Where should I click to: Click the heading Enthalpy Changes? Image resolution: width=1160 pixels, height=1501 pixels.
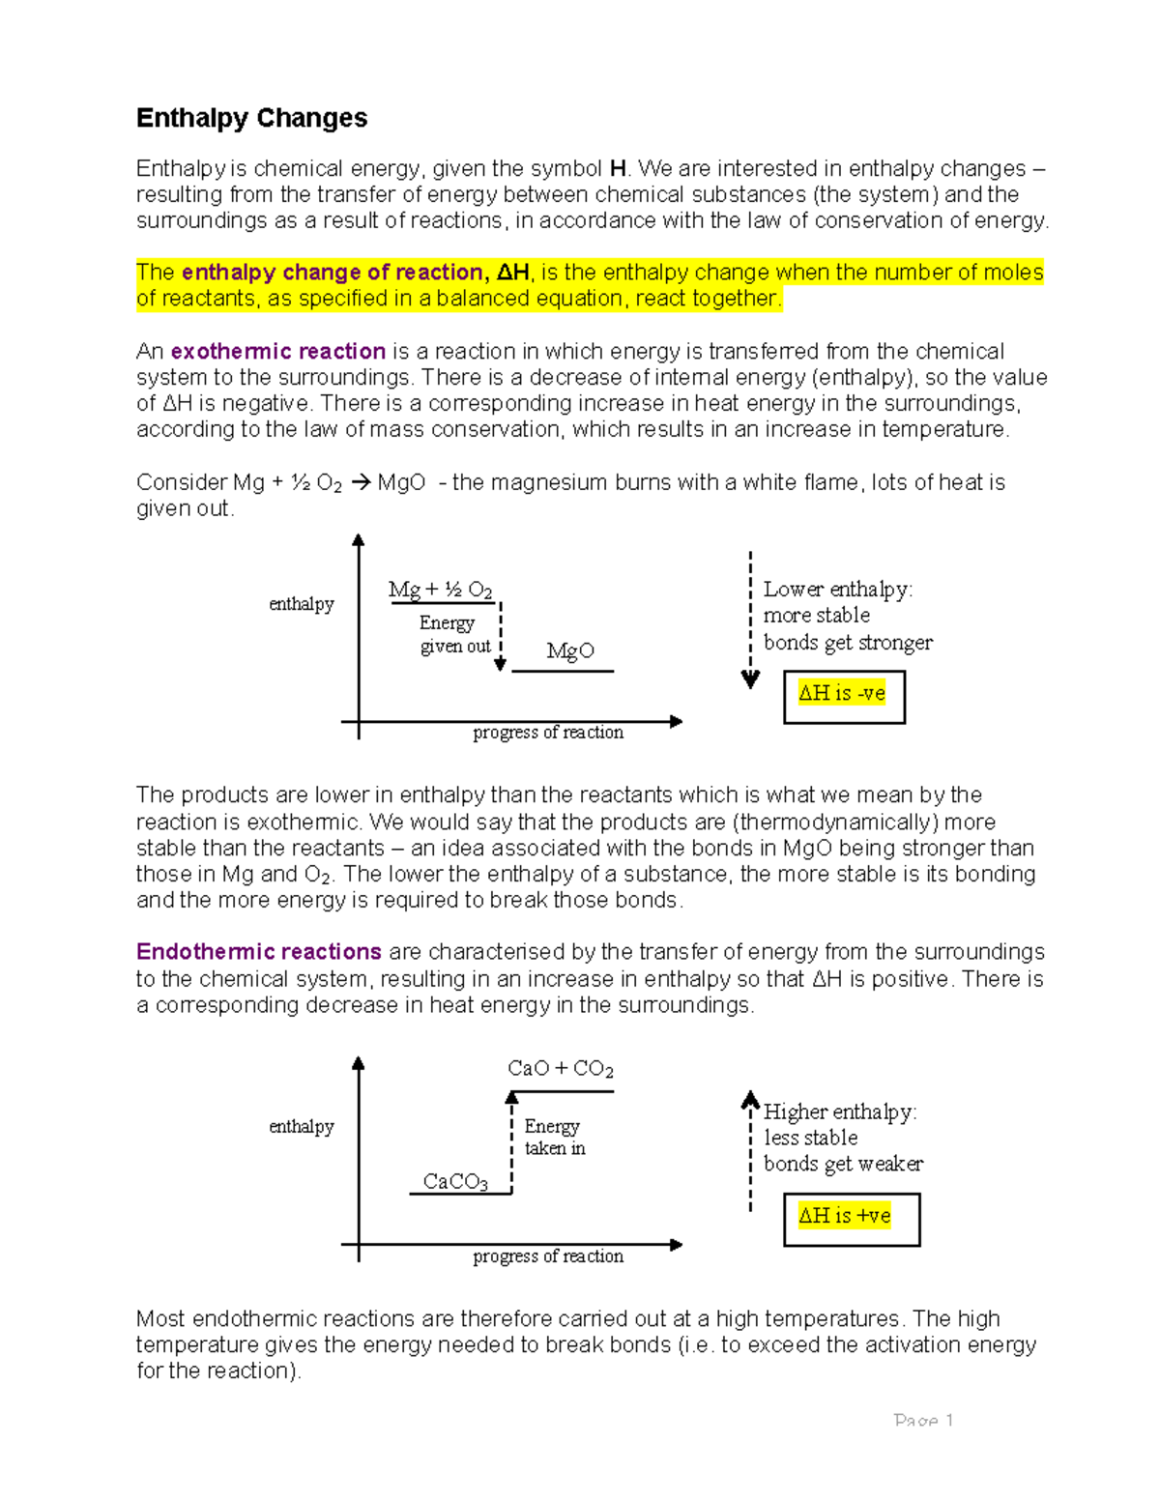point(251,118)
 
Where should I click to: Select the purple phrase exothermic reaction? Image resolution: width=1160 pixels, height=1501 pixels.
point(278,352)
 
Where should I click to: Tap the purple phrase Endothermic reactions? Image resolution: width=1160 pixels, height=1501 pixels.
point(258,952)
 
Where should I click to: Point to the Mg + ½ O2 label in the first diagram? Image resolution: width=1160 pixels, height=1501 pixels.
point(440,590)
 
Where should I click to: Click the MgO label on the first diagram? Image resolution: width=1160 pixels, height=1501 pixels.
point(569,651)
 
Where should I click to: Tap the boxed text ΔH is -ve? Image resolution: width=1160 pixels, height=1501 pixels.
point(842,693)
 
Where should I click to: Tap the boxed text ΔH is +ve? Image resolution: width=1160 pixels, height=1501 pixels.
point(845,1216)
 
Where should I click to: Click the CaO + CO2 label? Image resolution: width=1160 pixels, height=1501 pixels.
point(561,1069)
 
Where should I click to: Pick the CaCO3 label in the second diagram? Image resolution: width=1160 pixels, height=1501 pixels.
point(455,1182)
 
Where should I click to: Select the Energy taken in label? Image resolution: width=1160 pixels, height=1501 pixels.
point(554,1138)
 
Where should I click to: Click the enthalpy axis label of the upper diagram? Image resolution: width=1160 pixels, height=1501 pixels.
point(301,604)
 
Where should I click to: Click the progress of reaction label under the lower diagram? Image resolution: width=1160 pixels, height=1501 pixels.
point(548,1256)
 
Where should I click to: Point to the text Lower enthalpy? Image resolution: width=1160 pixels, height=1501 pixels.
point(837,590)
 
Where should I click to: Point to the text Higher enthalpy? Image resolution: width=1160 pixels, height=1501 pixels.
point(840,1112)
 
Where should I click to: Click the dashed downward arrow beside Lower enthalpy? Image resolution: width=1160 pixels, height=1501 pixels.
point(750,619)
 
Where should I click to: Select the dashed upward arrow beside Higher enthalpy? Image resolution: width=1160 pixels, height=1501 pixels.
point(750,1150)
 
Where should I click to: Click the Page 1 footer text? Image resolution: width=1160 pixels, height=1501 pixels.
point(923,1421)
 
